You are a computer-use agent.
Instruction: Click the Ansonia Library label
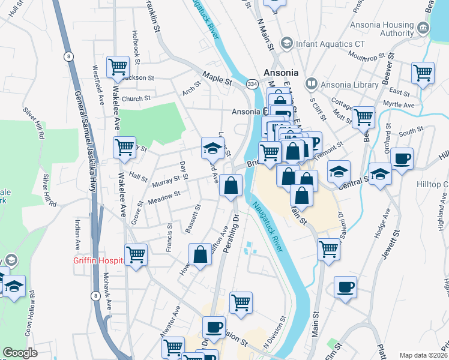(x=350, y=85)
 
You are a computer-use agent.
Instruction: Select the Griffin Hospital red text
(x=98, y=260)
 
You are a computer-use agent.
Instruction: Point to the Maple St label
(x=217, y=77)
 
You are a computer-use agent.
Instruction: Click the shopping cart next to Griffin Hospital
(x=136, y=254)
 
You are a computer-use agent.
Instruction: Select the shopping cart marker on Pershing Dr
(x=241, y=303)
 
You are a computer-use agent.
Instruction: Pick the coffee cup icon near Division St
(x=213, y=328)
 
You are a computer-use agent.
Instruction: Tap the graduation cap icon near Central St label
(x=380, y=175)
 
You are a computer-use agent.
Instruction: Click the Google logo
(x=20, y=353)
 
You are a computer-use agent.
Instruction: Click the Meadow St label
(x=164, y=196)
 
